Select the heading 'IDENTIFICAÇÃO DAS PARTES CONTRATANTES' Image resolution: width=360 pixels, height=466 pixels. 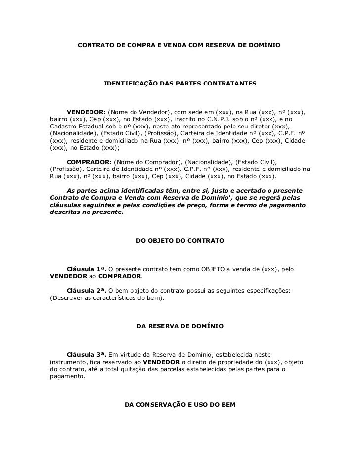click(180, 85)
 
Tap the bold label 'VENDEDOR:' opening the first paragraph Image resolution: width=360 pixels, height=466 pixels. click(86, 111)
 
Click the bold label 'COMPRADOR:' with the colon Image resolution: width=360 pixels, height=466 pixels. click(89, 162)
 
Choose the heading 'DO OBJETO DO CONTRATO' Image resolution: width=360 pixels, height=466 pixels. click(180, 241)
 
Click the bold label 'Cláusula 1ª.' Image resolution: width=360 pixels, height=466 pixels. click(87, 269)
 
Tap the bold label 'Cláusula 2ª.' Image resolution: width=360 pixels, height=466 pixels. click(87, 290)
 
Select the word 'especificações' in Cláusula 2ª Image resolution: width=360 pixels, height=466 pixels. click(268, 290)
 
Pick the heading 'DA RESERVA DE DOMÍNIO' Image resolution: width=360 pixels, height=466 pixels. click(180, 327)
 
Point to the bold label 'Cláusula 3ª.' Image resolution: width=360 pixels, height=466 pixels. click(87, 354)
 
